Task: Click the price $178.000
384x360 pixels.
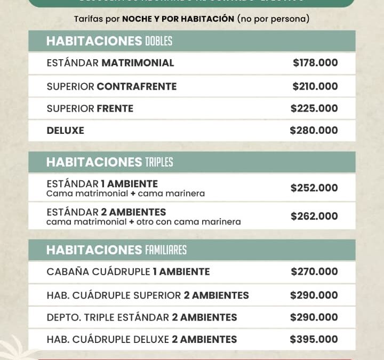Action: [x=315, y=63]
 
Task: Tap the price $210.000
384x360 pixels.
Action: [x=315, y=86]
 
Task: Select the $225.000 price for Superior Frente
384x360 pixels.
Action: [x=314, y=108]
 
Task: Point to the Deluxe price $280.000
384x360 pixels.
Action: [x=314, y=130]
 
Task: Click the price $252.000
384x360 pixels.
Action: [x=314, y=188]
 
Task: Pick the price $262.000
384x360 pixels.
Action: [x=314, y=216]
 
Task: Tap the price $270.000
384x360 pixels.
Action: [x=314, y=271]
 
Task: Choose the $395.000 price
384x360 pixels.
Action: [x=314, y=339]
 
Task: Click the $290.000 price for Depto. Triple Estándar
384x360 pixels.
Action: [x=314, y=317]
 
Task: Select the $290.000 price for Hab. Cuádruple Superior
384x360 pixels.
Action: [x=314, y=295]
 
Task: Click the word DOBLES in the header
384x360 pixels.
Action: [x=158, y=41]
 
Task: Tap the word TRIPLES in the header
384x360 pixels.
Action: [x=159, y=162]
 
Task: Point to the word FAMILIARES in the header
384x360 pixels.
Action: [x=165, y=250]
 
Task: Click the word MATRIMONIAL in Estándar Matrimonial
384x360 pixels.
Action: [x=138, y=63]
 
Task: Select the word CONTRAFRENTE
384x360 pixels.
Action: [x=137, y=86]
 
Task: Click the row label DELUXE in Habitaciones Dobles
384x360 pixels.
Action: [x=65, y=130]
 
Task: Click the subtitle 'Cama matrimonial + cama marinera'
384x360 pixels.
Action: [x=125, y=194]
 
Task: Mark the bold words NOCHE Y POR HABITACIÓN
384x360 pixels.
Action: [x=178, y=19]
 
